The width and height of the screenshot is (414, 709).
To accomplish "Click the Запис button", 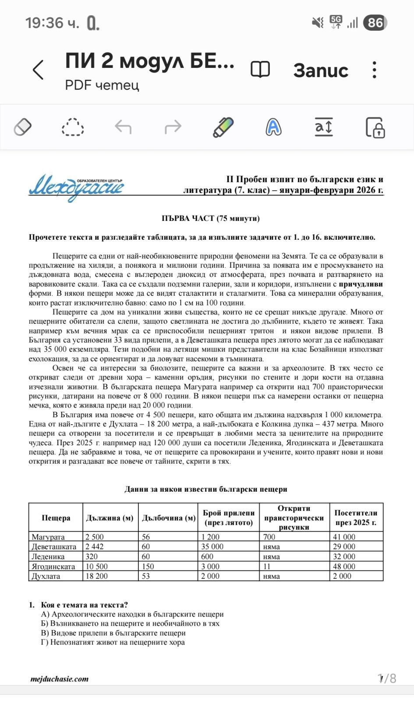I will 321,71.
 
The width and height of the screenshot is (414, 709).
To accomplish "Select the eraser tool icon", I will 23,128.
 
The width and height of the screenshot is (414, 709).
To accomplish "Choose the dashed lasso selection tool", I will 73,128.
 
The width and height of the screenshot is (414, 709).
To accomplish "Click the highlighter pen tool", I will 223,128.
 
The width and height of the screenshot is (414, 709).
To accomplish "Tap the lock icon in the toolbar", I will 375,128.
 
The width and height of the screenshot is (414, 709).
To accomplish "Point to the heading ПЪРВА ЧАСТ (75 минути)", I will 210,218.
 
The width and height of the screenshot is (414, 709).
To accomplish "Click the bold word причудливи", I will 361,284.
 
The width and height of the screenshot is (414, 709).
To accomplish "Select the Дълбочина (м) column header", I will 168,518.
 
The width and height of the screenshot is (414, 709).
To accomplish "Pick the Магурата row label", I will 48,537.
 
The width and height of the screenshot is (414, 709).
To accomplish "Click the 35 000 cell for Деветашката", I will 212,546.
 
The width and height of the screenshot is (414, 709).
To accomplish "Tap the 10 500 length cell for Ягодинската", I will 97,566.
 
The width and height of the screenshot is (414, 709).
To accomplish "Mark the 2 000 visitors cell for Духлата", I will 342,576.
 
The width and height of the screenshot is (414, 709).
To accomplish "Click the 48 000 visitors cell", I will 344,566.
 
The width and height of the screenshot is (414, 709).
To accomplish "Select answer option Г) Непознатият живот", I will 113,642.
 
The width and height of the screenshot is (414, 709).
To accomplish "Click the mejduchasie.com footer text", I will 60,679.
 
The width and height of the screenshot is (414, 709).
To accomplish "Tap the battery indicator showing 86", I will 375,23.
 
